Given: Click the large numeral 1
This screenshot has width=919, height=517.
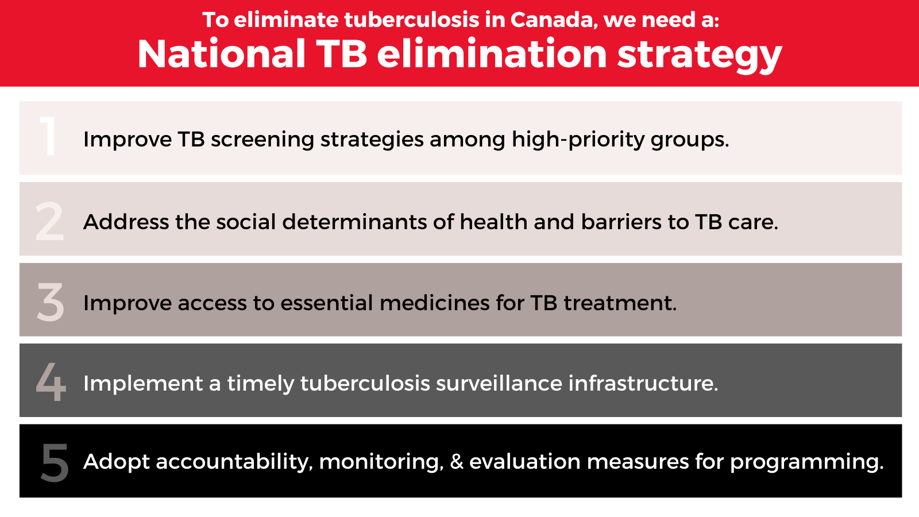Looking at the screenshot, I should coord(49,136).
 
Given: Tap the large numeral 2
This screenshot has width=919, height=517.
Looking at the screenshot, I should coord(49,221).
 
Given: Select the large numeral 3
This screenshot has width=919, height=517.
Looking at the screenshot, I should coord(51,302).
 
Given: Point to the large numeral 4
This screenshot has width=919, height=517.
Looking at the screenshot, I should coord(51,382).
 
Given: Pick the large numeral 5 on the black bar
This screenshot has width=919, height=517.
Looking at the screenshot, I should coord(55,462).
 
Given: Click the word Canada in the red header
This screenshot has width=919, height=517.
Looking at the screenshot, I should coord(551,20).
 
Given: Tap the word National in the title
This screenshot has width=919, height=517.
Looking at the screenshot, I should coord(222,54).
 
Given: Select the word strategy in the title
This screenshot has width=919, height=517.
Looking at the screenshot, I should coord(700,55).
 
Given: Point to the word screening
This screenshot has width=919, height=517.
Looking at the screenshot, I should coord(262,140).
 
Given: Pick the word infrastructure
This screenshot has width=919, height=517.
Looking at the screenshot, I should coord(643,383).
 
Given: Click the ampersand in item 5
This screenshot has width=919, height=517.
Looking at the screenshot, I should coord(457,461).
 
